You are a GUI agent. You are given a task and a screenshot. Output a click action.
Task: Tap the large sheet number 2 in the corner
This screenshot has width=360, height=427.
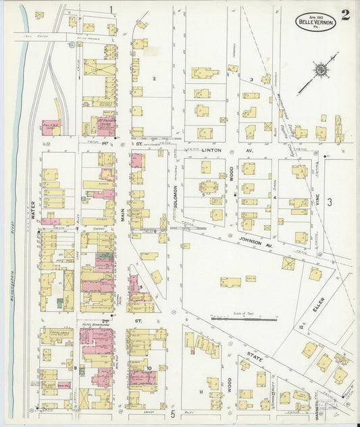pos(345,15)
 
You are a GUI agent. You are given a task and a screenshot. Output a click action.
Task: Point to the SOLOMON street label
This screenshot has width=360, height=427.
pos(174,201)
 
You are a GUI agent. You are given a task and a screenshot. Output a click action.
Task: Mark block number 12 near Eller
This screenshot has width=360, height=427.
pos(301,327)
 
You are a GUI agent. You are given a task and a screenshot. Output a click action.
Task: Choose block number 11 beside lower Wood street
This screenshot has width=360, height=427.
pos(200,391)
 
